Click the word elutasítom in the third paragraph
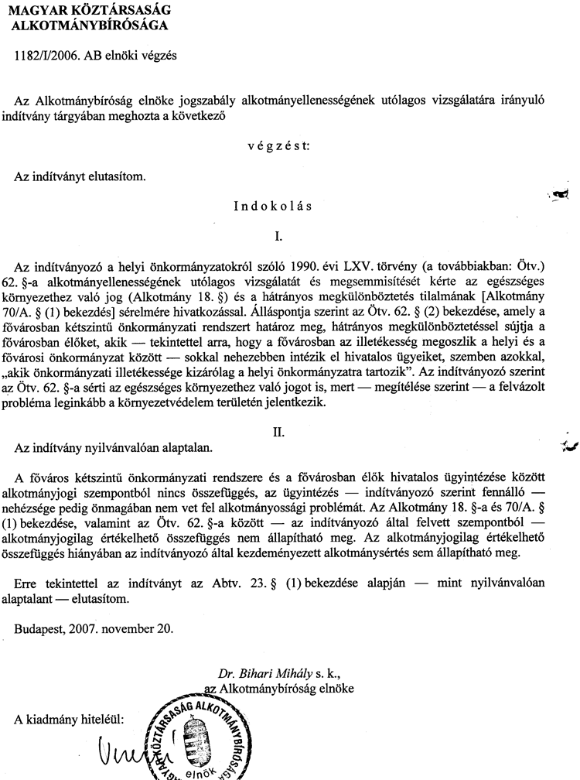click(x=114, y=176)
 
